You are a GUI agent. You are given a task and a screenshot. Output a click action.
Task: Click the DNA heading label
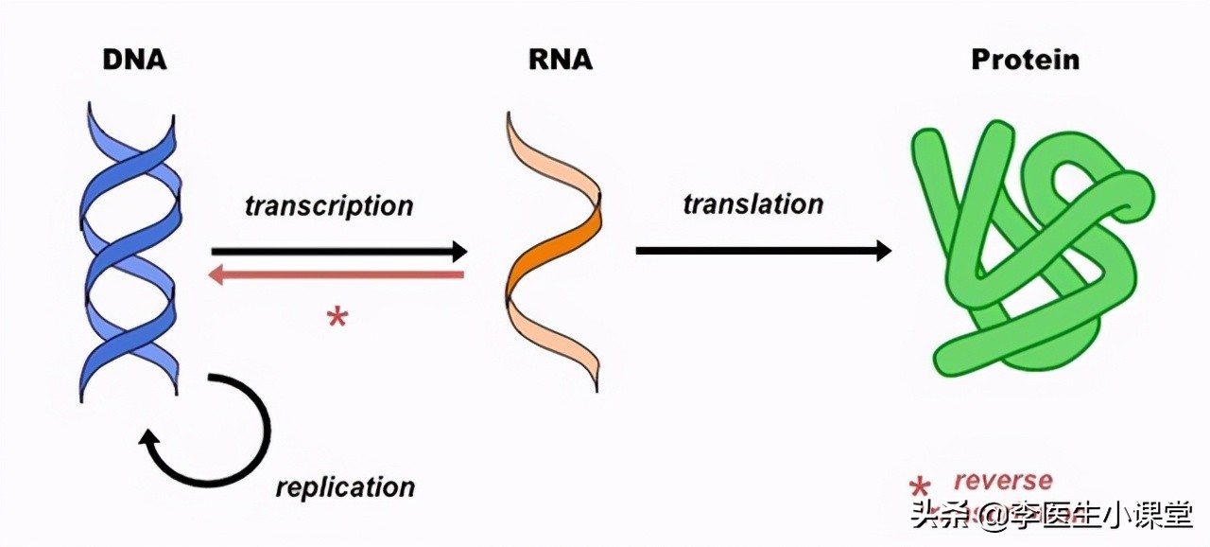[x=134, y=60]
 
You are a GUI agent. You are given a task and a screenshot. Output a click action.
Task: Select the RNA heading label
[x=560, y=60]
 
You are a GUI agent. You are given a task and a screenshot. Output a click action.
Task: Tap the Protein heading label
[x=1025, y=60]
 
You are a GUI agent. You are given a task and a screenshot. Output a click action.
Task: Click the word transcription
[x=329, y=205]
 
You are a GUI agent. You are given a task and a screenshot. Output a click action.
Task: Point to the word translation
[x=752, y=203]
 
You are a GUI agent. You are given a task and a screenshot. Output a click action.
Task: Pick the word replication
[x=345, y=487]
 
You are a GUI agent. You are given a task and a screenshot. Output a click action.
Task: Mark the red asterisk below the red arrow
[x=337, y=318]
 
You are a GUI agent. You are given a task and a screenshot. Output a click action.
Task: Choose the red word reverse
[x=1002, y=481]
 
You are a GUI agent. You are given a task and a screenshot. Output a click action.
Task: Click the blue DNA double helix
[x=129, y=251]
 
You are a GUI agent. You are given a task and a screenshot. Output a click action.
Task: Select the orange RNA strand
[x=553, y=251]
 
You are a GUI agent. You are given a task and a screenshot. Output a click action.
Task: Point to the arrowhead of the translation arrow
[x=883, y=250]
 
